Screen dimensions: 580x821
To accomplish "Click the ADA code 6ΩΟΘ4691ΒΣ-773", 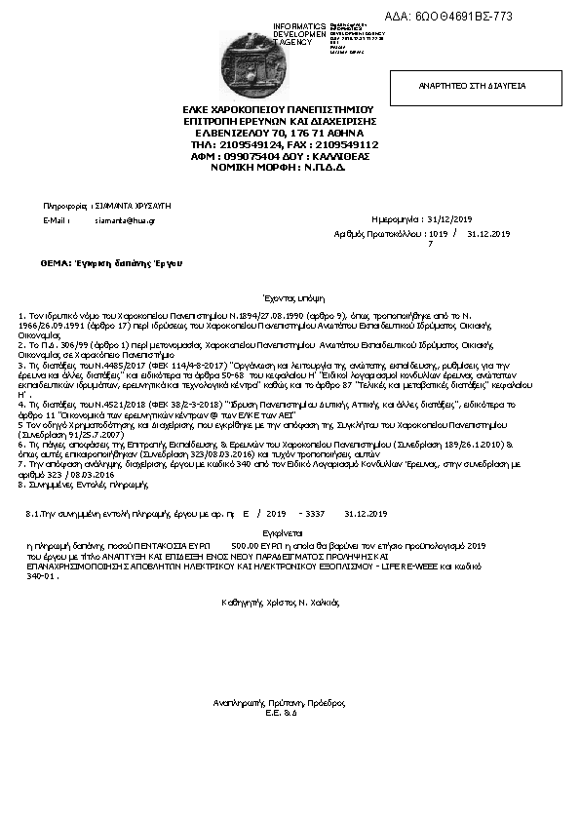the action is pyautogui.click(x=462, y=17).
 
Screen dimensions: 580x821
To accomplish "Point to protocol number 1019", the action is pyautogui.click(x=438, y=234).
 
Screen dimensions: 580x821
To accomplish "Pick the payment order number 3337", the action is pyautogui.click(x=315, y=513).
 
